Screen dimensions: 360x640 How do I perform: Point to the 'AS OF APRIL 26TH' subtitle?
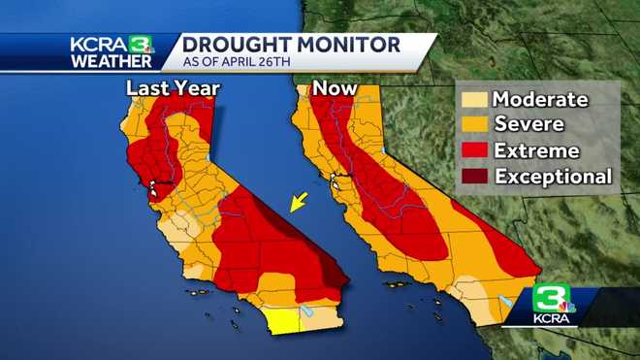241,64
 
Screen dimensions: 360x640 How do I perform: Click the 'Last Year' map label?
174,89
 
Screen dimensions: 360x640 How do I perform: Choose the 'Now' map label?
334,89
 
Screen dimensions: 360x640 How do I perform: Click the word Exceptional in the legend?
554,177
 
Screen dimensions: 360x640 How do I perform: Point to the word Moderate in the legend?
540,99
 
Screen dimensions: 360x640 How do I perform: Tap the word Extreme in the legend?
536,150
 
